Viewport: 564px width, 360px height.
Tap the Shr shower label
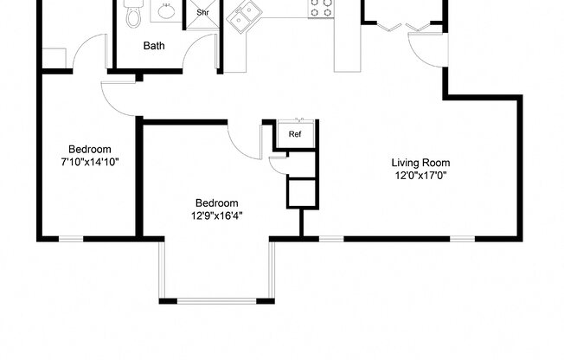(203, 13)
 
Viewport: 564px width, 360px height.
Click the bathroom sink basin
(163, 12)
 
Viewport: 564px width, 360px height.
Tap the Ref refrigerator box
(295, 133)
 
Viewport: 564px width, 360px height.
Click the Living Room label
(420, 162)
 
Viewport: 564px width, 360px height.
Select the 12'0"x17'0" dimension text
(420, 175)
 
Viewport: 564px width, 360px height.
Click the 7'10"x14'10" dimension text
(90, 162)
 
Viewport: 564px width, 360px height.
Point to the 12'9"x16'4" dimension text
(216, 216)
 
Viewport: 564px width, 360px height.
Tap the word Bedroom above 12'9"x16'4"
(216, 203)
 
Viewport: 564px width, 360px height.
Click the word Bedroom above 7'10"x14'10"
(90, 149)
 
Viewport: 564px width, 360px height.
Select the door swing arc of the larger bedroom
(243, 144)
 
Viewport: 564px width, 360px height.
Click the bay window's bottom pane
(215, 300)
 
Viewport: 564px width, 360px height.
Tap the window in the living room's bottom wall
(331, 238)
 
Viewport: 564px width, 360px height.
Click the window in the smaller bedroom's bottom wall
(71, 238)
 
